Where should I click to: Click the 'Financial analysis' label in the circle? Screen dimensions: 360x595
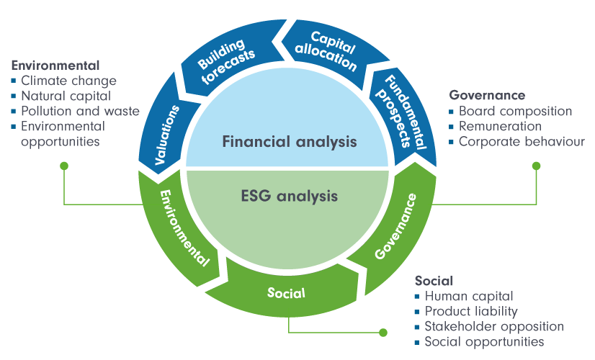(x=290, y=141)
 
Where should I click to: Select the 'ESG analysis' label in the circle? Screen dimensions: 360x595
(x=290, y=194)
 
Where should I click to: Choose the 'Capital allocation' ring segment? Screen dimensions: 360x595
(x=328, y=52)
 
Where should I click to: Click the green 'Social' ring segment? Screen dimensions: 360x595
(x=287, y=293)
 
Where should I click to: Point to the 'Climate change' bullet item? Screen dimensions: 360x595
(x=68, y=81)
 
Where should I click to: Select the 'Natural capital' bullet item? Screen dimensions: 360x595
(x=66, y=96)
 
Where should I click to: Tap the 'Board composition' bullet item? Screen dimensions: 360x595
(x=515, y=112)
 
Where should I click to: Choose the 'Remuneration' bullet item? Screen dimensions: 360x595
(x=499, y=127)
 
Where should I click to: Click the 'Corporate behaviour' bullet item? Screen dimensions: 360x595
(x=521, y=142)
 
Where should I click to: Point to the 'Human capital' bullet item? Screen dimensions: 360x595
(x=468, y=296)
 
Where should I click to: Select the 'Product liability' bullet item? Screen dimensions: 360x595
(x=471, y=311)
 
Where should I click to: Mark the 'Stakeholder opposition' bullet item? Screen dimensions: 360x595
(x=493, y=327)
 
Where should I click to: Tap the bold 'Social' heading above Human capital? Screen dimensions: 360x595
(x=434, y=280)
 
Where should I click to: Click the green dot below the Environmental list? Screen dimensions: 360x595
(x=64, y=166)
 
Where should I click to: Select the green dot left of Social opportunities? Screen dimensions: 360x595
(x=383, y=333)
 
